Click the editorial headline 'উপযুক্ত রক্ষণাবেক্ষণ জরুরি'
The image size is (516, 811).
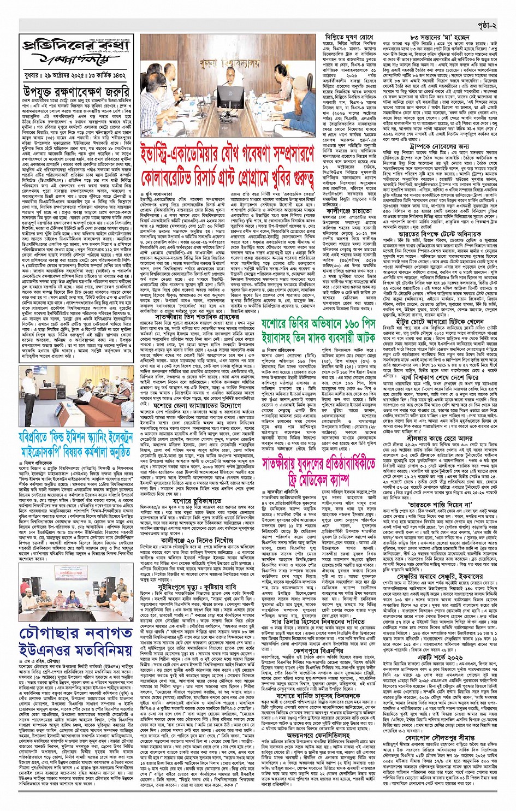tap(76, 91)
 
